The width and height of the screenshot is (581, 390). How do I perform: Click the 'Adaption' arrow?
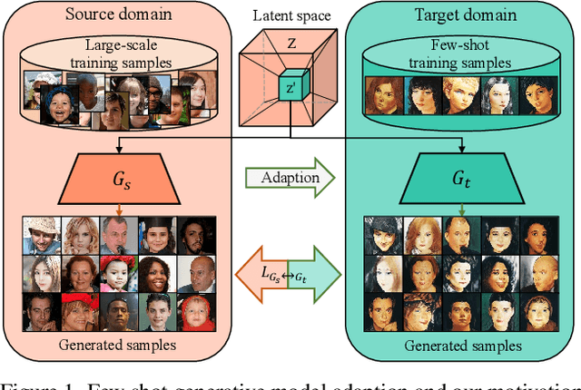pyautogui.click(x=290, y=178)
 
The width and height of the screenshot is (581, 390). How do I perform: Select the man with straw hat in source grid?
pyautogui.click(x=36, y=235)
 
